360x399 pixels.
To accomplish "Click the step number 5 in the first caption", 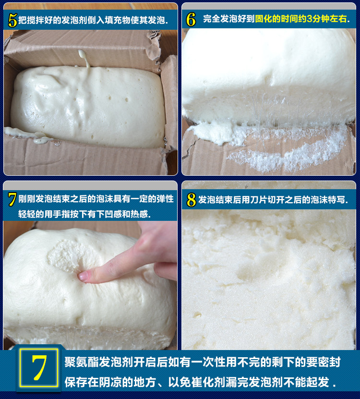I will [12, 20].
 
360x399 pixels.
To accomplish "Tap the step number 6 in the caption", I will [191, 19].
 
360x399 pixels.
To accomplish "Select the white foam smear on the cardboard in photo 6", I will [288, 154].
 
